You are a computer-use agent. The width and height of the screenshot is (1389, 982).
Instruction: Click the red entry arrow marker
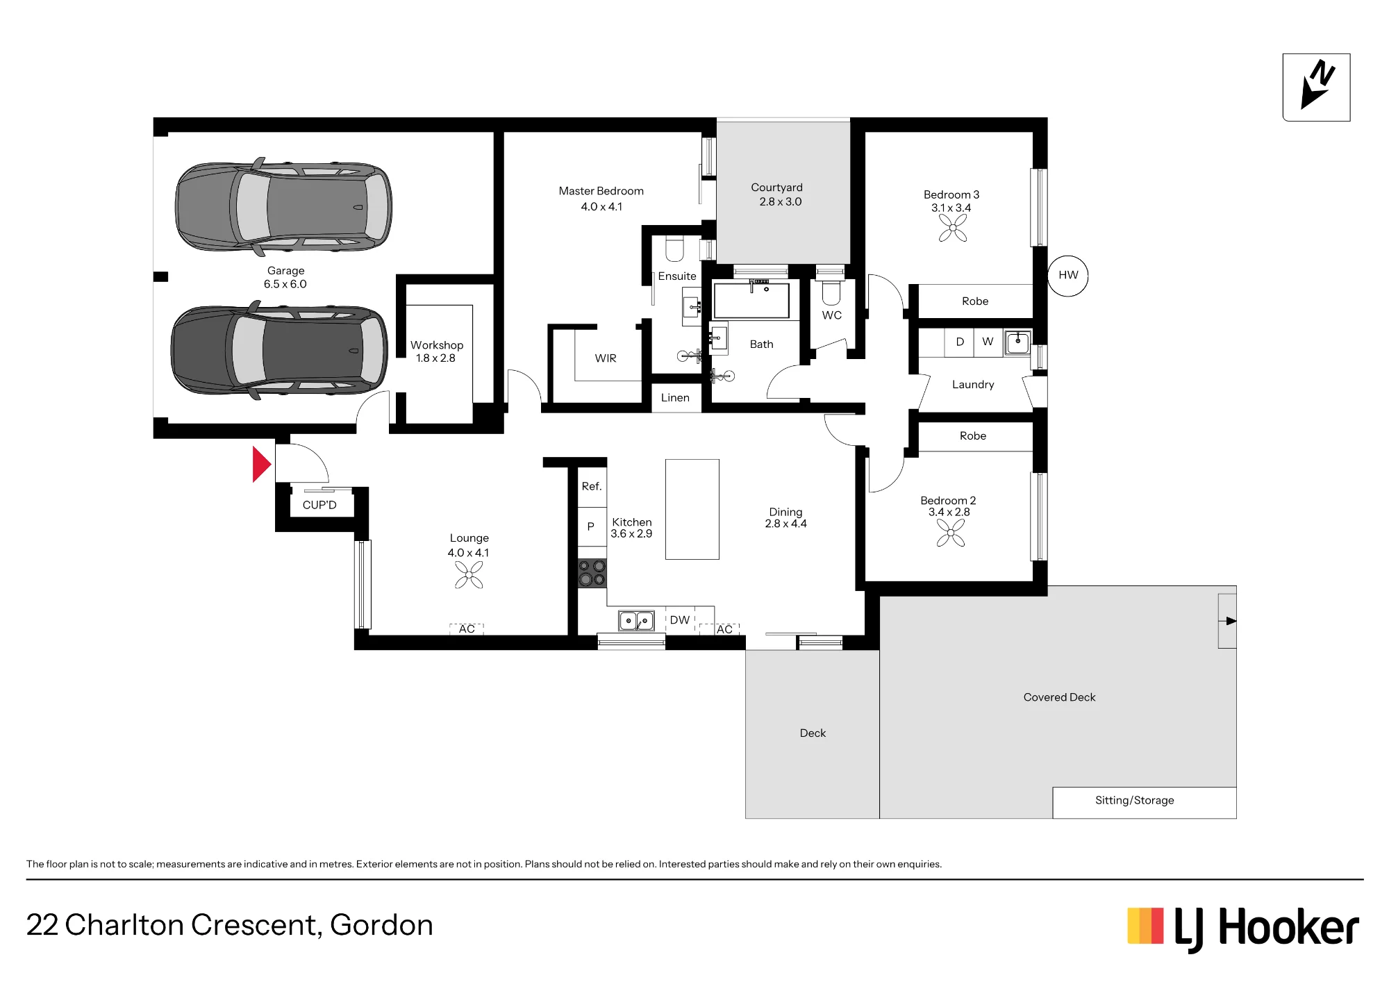click(x=260, y=464)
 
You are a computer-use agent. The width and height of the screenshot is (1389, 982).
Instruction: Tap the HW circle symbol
click(x=1068, y=276)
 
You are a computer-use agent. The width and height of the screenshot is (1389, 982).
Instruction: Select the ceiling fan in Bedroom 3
click(x=953, y=228)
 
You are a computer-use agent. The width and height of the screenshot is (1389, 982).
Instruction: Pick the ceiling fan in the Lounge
click(x=469, y=575)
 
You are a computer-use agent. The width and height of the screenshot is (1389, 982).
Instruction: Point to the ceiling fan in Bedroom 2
click(x=951, y=533)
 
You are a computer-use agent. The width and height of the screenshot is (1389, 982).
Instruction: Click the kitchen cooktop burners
click(x=592, y=574)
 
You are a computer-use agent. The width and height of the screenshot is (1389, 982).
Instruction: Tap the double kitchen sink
click(x=636, y=620)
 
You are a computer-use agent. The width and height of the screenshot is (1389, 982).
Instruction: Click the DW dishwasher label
click(x=680, y=620)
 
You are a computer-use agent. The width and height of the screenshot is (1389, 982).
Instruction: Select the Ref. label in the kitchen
click(x=592, y=486)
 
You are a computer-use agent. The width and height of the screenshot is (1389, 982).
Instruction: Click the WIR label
click(x=606, y=358)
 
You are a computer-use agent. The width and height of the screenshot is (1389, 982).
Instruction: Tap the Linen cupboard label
click(x=675, y=398)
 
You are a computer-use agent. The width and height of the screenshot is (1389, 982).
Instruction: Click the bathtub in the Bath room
click(x=751, y=300)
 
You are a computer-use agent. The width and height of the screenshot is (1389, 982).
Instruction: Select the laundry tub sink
click(x=1018, y=342)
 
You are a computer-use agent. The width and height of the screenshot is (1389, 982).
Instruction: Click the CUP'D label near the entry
click(x=319, y=505)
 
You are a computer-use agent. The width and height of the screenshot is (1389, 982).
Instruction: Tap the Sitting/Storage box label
click(x=1135, y=800)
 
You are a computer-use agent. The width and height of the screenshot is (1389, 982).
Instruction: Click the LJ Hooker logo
click(x=1243, y=928)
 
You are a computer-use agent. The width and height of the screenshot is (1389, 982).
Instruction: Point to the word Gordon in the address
click(x=381, y=925)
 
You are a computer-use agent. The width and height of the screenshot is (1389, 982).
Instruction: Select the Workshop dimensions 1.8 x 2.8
click(x=435, y=358)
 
